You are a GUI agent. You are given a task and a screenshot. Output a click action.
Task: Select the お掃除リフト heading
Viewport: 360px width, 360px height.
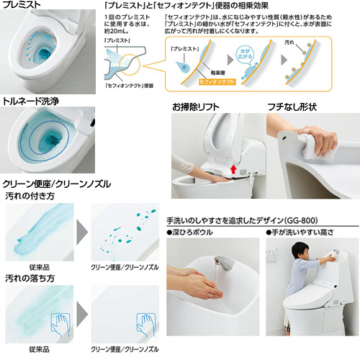(194, 107)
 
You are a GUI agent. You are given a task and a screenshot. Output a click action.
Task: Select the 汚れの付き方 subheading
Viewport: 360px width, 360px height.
(28, 195)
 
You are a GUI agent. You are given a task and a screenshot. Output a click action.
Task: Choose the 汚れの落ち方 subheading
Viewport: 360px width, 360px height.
(28, 277)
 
